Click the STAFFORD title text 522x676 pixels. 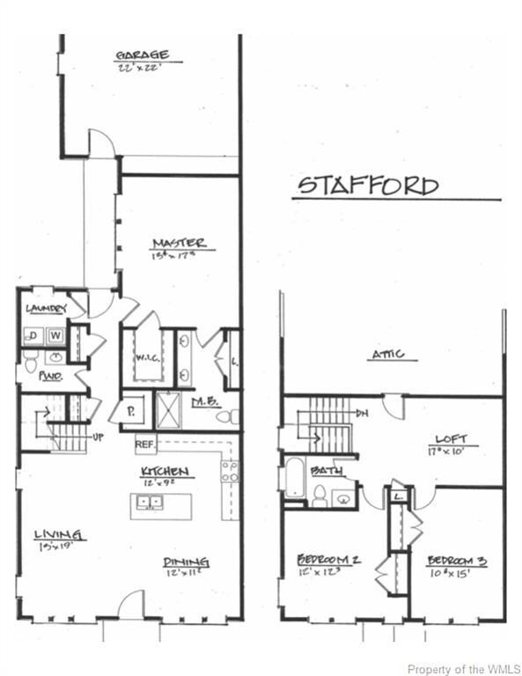click(368, 186)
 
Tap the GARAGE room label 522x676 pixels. click(148, 55)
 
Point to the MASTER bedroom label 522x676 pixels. click(179, 243)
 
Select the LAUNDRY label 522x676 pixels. click(46, 308)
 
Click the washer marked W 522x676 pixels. click(55, 335)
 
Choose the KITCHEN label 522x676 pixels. click(167, 473)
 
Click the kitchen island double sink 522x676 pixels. click(149, 503)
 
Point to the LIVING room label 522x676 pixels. click(58, 535)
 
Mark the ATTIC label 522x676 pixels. click(387, 354)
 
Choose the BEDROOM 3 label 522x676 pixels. click(459, 561)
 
